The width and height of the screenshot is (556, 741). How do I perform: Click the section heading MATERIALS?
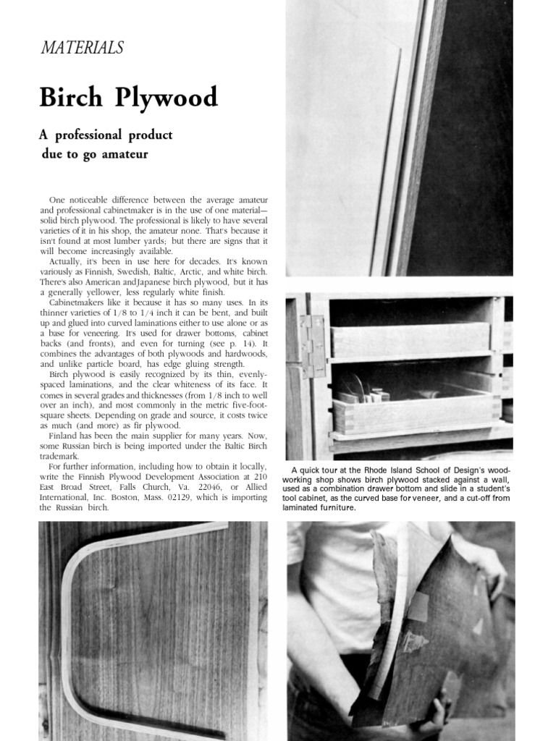pos(81,48)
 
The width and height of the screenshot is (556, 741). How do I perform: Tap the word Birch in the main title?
pos(70,97)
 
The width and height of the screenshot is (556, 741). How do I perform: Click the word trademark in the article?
pos(62,457)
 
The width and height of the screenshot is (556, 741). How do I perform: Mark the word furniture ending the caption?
pos(337,507)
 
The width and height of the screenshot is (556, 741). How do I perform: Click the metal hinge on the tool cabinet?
pos(313,346)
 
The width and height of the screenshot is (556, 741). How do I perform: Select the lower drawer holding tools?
pos(416,408)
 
